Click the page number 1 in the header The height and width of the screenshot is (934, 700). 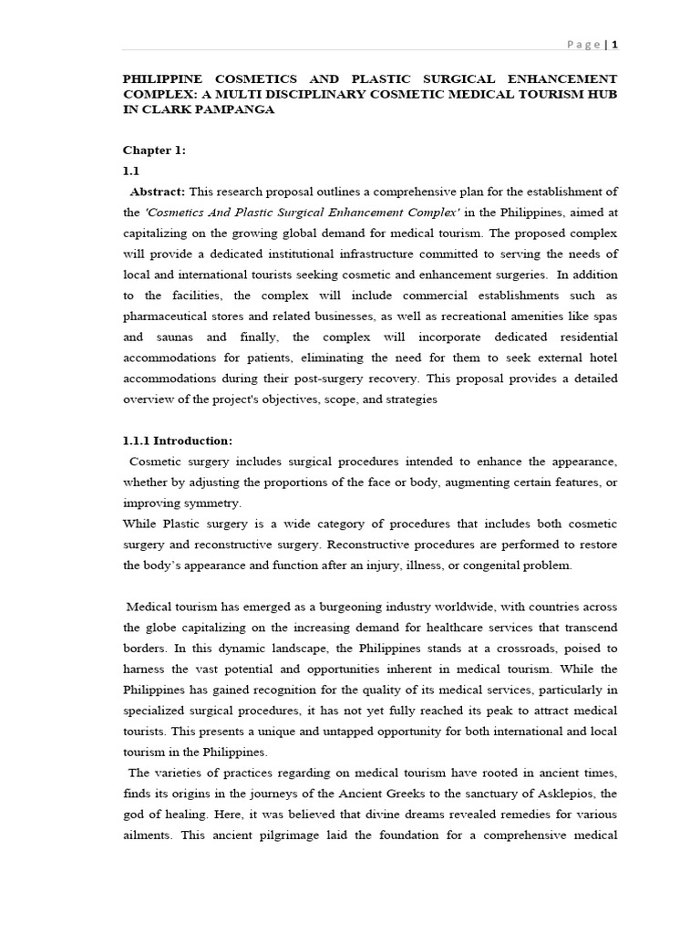click(x=615, y=44)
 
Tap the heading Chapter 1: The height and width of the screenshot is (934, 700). click(x=154, y=150)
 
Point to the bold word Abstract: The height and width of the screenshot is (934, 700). click(x=159, y=191)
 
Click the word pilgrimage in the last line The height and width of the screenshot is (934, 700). click(x=283, y=835)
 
